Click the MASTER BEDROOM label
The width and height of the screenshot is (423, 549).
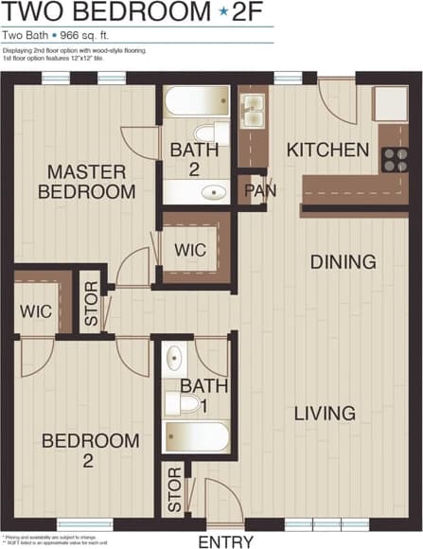(x=86, y=181)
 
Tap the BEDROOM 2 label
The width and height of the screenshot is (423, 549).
(x=90, y=451)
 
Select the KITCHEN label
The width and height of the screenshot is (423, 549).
(x=327, y=150)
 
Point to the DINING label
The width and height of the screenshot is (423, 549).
(x=344, y=261)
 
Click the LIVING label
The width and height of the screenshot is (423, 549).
(x=324, y=413)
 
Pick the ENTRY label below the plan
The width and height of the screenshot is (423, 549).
(x=225, y=541)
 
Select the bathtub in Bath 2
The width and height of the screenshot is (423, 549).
(x=197, y=101)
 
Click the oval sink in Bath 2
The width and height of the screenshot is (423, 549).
(x=215, y=192)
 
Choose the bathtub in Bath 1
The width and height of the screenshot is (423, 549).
(x=197, y=437)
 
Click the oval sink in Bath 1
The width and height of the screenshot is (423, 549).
(x=175, y=359)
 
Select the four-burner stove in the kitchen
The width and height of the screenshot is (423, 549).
(x=396, y=159)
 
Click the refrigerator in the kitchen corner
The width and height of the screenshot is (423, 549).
(x=390, y=103)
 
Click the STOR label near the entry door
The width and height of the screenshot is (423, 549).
(x=175, y=489)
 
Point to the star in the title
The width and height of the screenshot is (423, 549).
(x=223, y=12)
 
